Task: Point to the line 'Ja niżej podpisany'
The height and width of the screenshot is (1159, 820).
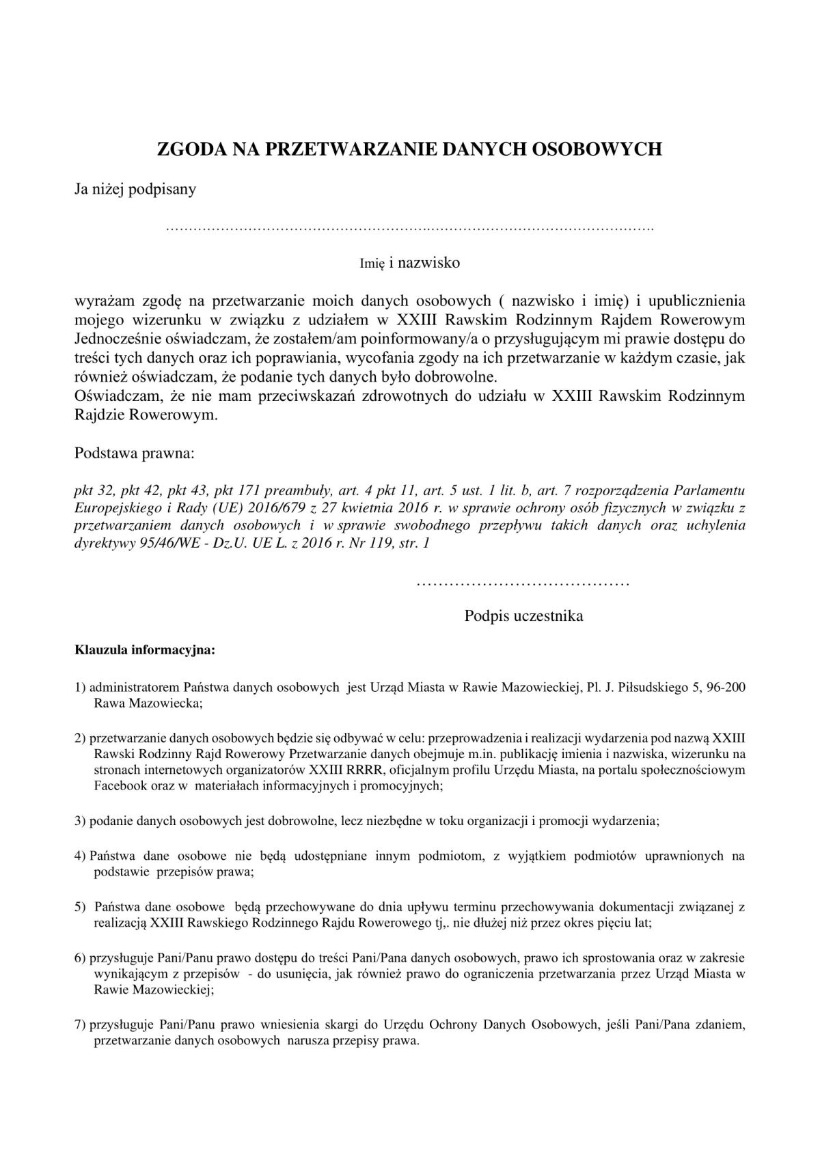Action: pyautogui.click(x=135, y=189)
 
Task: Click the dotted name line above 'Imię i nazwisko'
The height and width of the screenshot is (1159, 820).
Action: pyautogui.click(x=409, y=228)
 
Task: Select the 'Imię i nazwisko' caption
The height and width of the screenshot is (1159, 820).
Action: pyautogui.click(x=410, y=263)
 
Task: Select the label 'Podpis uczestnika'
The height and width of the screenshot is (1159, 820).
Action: pyautogui.click(x=523, y=616)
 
